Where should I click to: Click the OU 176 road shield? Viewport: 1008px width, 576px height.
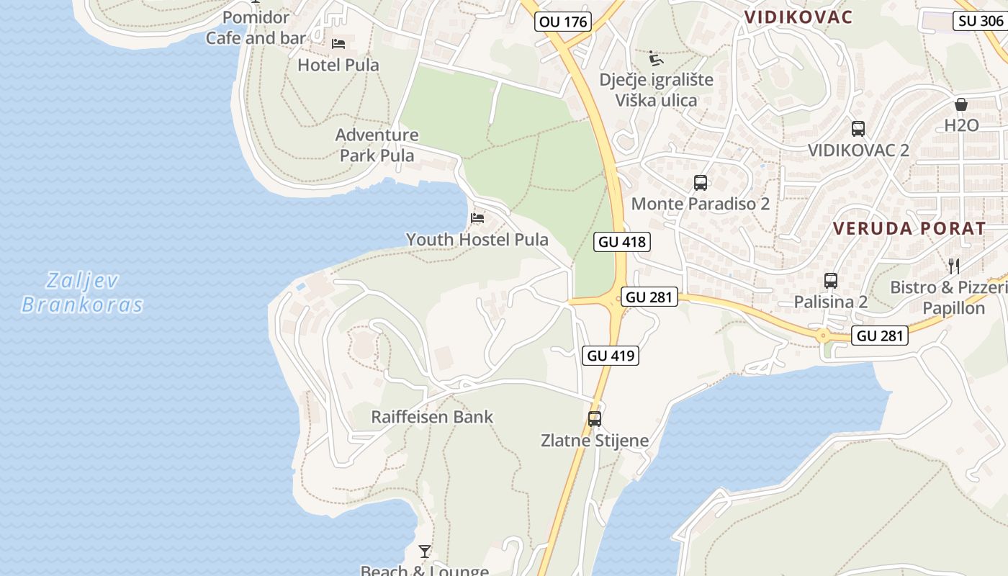coord(563,22)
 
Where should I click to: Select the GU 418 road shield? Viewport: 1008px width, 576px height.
coord(622,242)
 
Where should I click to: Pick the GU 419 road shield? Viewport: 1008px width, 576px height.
coord(611,355)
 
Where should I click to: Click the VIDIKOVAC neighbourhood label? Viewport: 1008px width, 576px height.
coord(798,17)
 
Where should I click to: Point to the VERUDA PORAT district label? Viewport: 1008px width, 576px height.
coord(909,229)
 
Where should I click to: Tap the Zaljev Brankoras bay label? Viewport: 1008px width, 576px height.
coord(82,292)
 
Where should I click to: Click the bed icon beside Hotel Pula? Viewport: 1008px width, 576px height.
coord(338,44)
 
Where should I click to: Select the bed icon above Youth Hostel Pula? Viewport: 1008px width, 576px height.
coord(477,217)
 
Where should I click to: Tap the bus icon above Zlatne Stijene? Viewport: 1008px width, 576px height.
coord(595,418)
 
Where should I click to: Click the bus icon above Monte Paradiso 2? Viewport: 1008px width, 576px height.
coord(701,183)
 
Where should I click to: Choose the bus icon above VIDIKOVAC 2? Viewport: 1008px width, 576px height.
coord(858,129)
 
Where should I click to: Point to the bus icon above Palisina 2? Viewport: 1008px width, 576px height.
coord(831,281)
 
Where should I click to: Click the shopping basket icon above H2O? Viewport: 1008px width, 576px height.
coord(961,104)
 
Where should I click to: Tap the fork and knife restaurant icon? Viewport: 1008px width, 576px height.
coord(954,266)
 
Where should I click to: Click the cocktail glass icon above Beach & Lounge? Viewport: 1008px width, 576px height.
coord(425,552)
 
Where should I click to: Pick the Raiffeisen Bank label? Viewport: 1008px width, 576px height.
coord(432,417)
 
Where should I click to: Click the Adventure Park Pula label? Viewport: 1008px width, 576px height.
coord(377,145)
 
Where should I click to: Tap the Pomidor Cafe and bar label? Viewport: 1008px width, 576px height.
coord(256,27)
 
